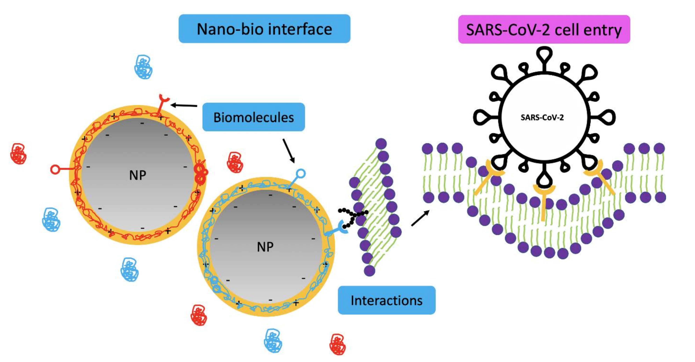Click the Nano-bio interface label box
point(264,29)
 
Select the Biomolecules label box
point(253,117)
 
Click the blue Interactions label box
point(386,300)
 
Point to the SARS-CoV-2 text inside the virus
point(542,117)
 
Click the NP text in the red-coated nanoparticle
point(138,175)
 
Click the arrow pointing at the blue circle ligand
point(288,151)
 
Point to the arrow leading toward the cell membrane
point(420,218)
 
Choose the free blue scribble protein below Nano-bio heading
point(143,67)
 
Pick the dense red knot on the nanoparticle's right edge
point(201,175)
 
